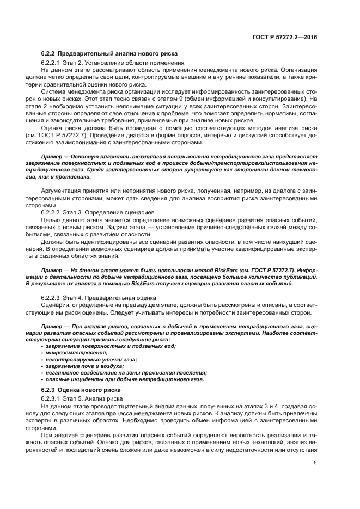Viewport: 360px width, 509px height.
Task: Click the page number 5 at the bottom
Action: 315,463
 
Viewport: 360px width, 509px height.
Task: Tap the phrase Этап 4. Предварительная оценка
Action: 109,298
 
